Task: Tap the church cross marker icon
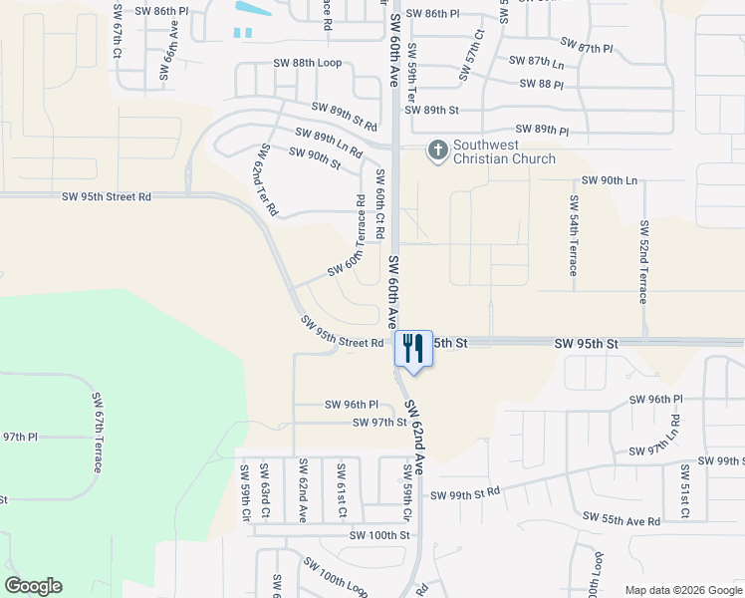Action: coord(437,151)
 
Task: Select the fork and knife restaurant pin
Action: coord(414,349)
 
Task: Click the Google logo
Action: coord(33,586)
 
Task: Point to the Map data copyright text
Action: coord(682,590)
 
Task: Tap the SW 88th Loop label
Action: coord(308,63)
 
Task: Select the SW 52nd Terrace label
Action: coord(644,261)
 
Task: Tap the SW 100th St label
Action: coord(379,535)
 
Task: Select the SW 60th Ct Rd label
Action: coord(379,203)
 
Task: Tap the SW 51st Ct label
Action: coord(685,491)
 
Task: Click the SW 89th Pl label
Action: coord(542,131)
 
